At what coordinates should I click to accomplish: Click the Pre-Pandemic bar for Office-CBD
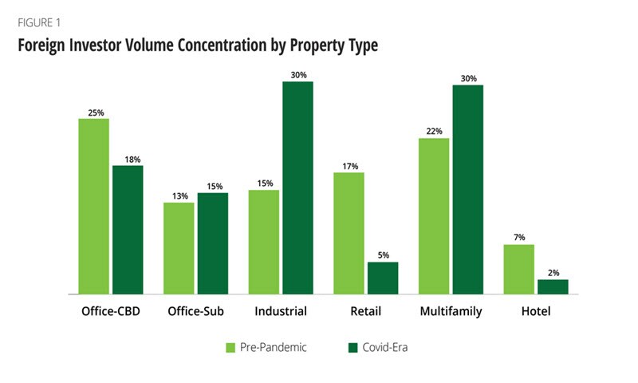pyautogui.click(x=93, y=206)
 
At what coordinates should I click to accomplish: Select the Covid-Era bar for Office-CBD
pyautogui.click(x=128, y=230)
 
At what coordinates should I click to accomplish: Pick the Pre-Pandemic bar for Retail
pyautogui.click(x=349, y=233)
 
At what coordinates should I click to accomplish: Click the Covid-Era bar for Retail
pyautogui.click(x=383, y=278)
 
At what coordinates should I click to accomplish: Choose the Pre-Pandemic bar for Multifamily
pyautogui.click(x=435, y=215)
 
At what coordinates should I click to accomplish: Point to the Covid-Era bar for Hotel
pyautogui.click(x=553, y=286)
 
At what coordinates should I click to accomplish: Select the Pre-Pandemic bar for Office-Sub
pyautogui.click(x=179, y=248)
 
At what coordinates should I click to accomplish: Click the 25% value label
pyautogui.click(x=93, y=113)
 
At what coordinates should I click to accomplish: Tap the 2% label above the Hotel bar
pyautogui.click(x=553, y=273)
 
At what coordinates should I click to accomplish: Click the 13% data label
pyautogui.click(x=179, y=196)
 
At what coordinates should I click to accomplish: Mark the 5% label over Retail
pyautogui.click(x=383, y=255)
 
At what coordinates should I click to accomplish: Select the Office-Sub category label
pyautogui.click(x=195, y=311)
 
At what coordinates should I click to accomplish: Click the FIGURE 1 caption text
pyautogui.click(x=38, y=22)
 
